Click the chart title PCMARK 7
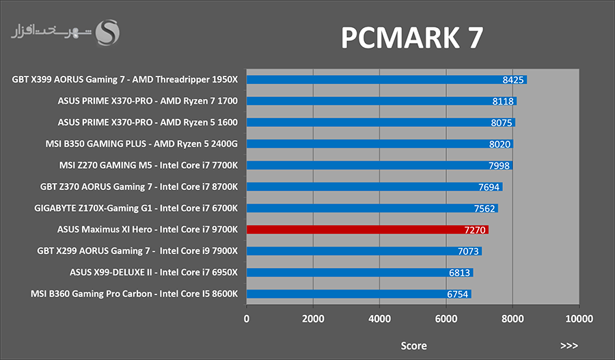(412, 38)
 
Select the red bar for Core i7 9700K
(368, 230)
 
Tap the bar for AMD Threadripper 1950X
(387, 80)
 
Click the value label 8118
(503, 101)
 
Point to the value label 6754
(457, 294)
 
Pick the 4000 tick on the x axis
(380, 319)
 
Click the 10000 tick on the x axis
(579, 319)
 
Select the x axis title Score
(413, 346)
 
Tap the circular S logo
(107, 33)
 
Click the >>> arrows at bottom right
(569, 346)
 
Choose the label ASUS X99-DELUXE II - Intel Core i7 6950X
(154, 272)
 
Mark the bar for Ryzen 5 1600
(381, 122)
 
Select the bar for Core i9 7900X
(364, 251)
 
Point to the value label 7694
(489, 187)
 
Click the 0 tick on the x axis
(246, 319)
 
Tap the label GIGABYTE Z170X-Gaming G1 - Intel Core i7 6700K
(136, 208)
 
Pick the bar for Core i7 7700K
(380, 165)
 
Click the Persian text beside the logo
(51, 31)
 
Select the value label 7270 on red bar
(475, 230)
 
